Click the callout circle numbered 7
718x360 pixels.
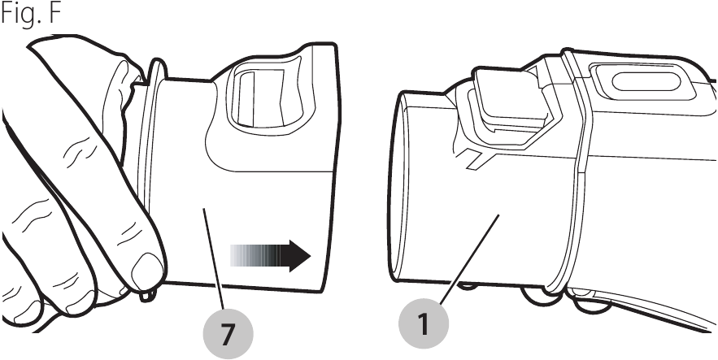click(x=228, y=334)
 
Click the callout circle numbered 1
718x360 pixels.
click(x=424, y=324)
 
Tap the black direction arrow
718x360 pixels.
click(x=270, y=256)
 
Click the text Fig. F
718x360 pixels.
click(x=31, y=14)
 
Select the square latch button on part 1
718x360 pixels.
click(x=508, y=99)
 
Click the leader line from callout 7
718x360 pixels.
click(x=214, y=258)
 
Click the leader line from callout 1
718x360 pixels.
click(x=469, y=259)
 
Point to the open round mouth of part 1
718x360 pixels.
click(x=397, y=187)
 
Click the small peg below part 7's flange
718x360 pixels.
click(x=146, y=296)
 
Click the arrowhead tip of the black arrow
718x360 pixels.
click(x=311, y=256)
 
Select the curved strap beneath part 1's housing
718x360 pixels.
click(x=641, y=306)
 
